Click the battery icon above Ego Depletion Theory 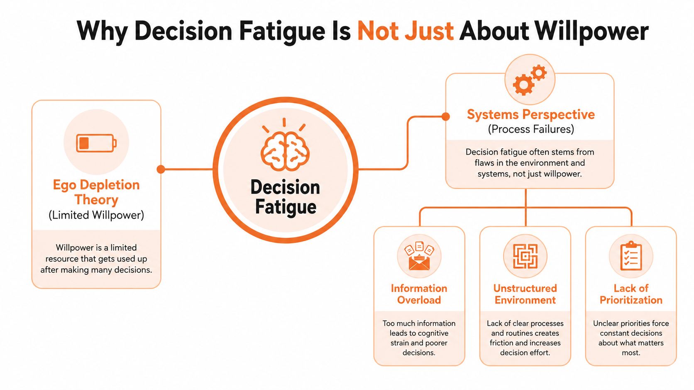point(96,143)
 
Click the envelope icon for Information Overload point(419,256)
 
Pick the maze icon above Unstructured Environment point(525,256)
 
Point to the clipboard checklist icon point(631,256)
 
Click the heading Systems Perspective point(531,114)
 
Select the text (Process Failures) point(531,129)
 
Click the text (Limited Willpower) point(96,215)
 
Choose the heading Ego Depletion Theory point(96,192)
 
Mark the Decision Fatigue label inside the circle point(285,197)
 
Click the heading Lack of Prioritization point(631,294)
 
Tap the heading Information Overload point(419,294)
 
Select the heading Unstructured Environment point(525,294)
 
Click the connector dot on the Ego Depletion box point(161,169)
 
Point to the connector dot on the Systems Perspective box point(445,116)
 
